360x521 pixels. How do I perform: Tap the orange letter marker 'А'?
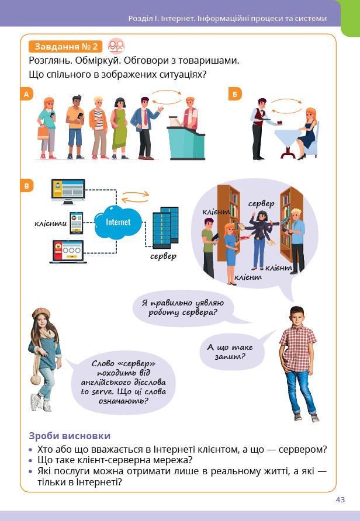pyautogui.click(x=26, y=95)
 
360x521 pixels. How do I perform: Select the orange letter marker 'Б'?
pyautogui.click(x=234, y=95)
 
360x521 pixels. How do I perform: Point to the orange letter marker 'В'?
pyautogui.click(x=26, y=187)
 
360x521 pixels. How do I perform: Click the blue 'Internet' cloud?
pyautogui.click(x=118, y=223)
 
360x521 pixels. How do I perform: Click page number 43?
pyautogui.click(x=340, y=499)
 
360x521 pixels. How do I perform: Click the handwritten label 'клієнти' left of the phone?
pyautogui.click(x=50, y=224)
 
